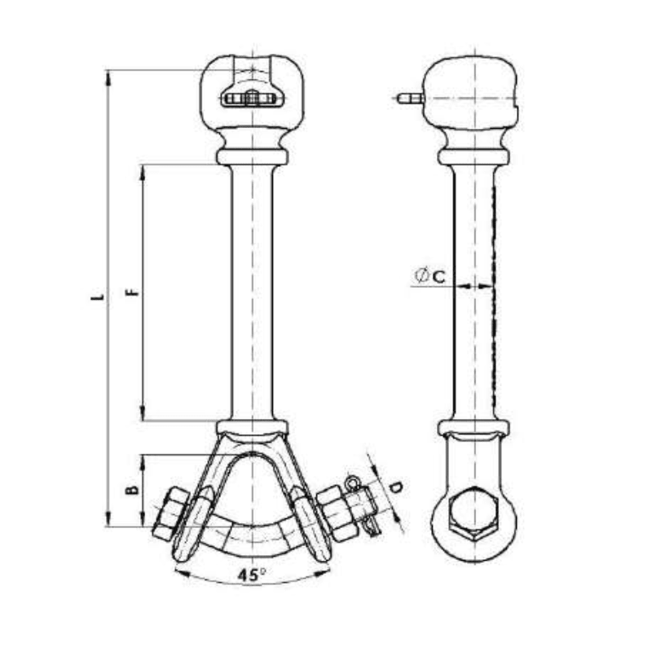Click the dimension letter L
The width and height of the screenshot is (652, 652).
point(97,298)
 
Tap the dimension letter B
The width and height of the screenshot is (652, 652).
point(130,491)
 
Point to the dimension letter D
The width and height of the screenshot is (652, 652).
point(396,489)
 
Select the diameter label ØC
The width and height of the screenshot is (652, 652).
point(430,276)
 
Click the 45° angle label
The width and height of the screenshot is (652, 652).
point(253,575)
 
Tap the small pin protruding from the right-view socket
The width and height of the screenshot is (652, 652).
point(408,100)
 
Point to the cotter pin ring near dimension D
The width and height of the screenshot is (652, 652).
point(354,482)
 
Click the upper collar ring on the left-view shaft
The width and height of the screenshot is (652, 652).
point(253,156)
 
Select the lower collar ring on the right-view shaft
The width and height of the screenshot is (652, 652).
point(474,428)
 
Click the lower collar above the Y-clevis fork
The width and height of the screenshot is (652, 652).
point(253,427)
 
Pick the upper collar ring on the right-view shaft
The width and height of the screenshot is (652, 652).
point(474,154)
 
